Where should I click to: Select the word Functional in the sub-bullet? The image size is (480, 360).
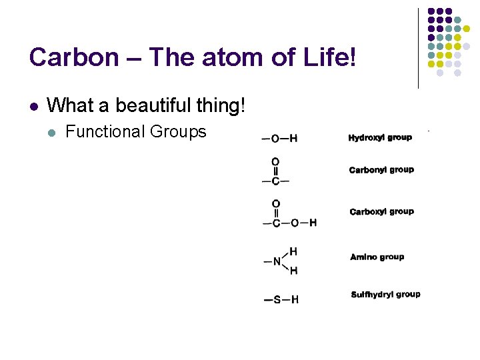[x=105, y=131]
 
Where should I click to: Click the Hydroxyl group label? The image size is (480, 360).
[x=380, y=138]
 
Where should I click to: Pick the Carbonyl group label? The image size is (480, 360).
[x=381, y=170]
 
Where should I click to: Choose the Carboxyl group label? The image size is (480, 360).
[x=381, y=212]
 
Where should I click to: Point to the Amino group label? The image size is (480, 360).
[x=377, y=257]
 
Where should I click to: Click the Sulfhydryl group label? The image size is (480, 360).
[x=385, y=295]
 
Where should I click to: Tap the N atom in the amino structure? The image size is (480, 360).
[x=277, y=261]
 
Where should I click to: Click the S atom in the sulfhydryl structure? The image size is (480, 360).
[x=277, y=300]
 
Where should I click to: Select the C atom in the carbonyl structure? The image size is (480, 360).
[x=275, y=181]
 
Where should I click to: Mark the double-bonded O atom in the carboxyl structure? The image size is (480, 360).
[x=276, y=203]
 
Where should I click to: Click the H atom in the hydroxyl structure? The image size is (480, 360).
[x=293, y=139]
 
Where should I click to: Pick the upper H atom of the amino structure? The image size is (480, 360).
[x=293, y=251]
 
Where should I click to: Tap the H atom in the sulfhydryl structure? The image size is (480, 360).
[x=294, y=300]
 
